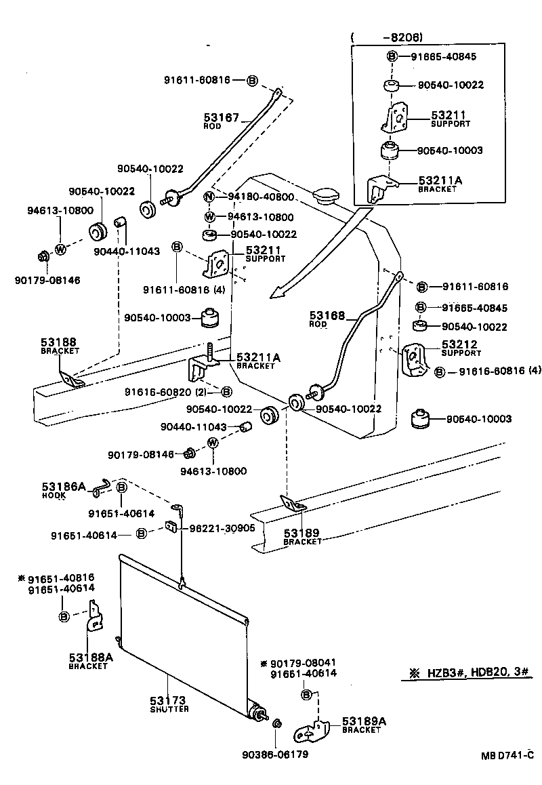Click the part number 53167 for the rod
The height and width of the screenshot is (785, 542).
pos(221,117)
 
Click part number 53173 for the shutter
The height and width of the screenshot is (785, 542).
pos(167,700)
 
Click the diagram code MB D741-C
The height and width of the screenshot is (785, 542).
pos(503,755)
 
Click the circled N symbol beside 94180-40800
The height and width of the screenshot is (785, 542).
pos(209,197)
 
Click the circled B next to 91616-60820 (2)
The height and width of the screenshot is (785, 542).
pos(226,391)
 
